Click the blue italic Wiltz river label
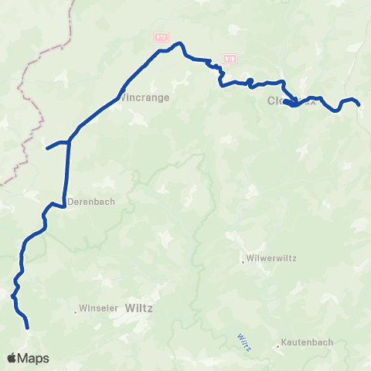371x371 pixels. (241, 341)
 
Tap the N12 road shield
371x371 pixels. (160, 36)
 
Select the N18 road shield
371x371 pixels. (230, 58)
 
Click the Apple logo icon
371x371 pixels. (12, 358)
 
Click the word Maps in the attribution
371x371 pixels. (35, 358)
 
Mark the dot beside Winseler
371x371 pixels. (76, 312)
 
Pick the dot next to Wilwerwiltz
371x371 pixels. (243, 261)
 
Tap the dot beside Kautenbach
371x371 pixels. (277, 346)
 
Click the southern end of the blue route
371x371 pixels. (28, 328)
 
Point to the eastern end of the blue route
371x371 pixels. (359, 104)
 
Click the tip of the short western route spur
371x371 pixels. (47, 148)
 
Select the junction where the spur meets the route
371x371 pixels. (69, 141)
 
